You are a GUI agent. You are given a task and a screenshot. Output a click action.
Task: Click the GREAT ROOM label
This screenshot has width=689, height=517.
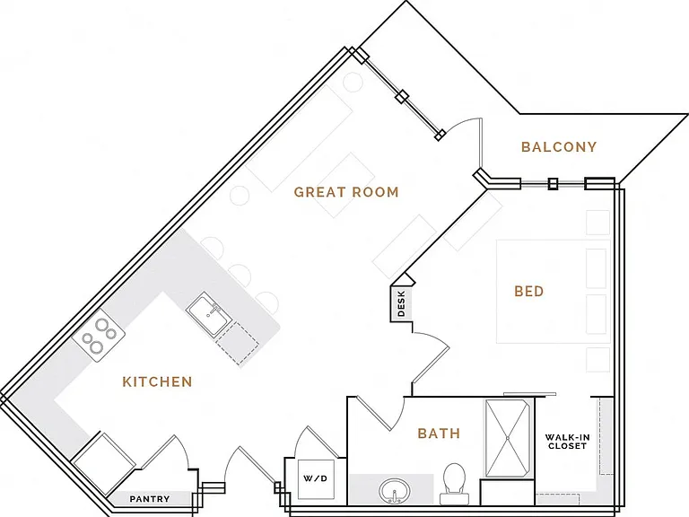tap(346, 192)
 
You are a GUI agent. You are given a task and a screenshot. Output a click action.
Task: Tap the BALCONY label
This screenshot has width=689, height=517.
tap(559, 147)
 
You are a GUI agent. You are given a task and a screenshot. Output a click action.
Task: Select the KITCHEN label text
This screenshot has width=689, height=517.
tap(157, 381)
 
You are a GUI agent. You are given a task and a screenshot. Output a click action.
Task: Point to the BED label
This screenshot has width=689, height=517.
tap(529, 291)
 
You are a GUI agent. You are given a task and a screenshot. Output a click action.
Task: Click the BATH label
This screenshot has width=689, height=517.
tap(439, 434)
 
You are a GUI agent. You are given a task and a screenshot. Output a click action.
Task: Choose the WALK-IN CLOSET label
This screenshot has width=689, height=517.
tap(567, 442)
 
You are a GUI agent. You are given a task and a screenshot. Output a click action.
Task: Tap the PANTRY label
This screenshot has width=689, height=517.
tap(150, 499)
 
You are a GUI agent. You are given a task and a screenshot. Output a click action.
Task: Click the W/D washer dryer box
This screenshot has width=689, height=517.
tap(316, 478)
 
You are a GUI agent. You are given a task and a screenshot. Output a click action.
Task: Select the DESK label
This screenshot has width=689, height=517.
tap(401, 304)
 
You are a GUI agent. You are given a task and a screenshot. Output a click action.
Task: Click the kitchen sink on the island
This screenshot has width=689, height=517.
tap(209, 314)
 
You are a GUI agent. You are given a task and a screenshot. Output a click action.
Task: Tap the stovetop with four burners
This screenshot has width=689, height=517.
tap(99, 336)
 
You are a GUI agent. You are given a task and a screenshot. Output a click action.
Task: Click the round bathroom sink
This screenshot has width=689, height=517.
tap(395, 491)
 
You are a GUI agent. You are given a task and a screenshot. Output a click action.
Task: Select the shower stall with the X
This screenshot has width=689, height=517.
tap(508, 438)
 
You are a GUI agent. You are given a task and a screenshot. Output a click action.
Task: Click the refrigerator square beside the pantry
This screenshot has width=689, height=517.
tap(104, 464)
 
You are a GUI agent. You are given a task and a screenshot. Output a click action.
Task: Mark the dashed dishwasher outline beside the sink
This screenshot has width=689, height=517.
tap(237, 344)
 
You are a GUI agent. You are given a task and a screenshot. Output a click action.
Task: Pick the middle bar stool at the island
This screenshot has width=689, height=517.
tap(240, 274)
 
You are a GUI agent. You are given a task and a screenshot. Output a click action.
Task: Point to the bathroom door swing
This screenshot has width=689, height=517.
tap(379, 413)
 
